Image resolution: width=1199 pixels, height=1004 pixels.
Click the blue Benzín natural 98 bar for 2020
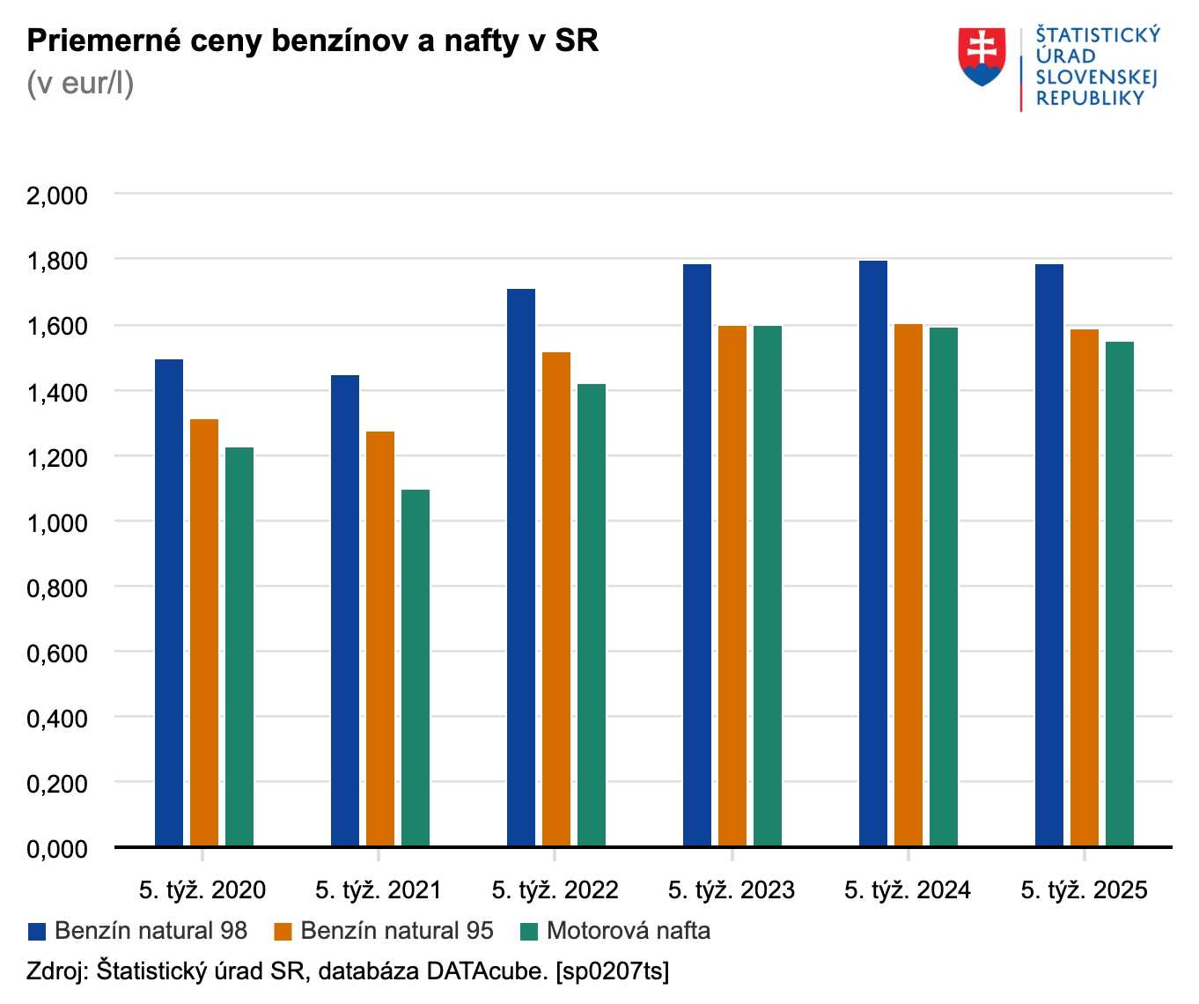coord(169,603)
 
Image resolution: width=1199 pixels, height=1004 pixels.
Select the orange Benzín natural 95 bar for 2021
coord(380,639)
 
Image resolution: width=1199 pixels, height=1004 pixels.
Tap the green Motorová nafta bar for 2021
coord(416,668)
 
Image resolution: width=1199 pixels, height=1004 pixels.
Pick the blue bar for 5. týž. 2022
coord(521,568)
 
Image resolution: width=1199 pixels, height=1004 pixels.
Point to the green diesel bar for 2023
coord(768,587)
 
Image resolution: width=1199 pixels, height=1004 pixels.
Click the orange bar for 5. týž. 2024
coord(908,586)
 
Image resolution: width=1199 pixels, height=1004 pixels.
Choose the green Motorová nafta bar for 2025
coord(1120,594)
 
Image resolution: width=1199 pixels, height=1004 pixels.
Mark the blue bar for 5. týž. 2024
coord(873,554)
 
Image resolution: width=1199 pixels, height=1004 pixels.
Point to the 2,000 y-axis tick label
coord(57,196)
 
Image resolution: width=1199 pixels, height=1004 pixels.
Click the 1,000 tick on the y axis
coord(57,523)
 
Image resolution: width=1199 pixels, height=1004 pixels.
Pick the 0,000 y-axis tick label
coord(57,850)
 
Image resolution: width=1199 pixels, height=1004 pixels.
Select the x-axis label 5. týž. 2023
coord(732,890)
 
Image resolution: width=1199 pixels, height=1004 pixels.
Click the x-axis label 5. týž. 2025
coord(1084,890)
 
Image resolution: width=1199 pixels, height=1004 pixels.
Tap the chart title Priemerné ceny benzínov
coord(313,41)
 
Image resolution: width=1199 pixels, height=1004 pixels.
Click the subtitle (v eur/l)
coord(80,84)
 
